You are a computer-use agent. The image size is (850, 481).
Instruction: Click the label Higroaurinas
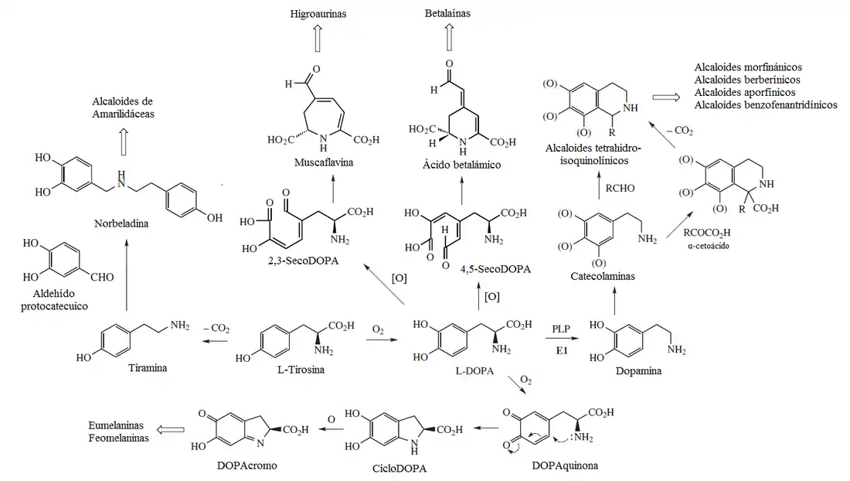318,13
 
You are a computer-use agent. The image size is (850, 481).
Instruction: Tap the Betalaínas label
447,13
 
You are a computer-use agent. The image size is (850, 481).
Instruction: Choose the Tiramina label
148,367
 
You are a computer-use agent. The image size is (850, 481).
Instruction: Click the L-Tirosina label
301,370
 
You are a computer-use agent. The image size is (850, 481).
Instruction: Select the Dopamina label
638,371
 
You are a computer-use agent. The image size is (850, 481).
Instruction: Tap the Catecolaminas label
603,276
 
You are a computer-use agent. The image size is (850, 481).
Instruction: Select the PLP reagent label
561,329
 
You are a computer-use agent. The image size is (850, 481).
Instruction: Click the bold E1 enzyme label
562,350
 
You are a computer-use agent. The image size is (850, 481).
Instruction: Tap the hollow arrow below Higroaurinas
318,37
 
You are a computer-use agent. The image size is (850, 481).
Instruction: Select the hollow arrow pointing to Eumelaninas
172,430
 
